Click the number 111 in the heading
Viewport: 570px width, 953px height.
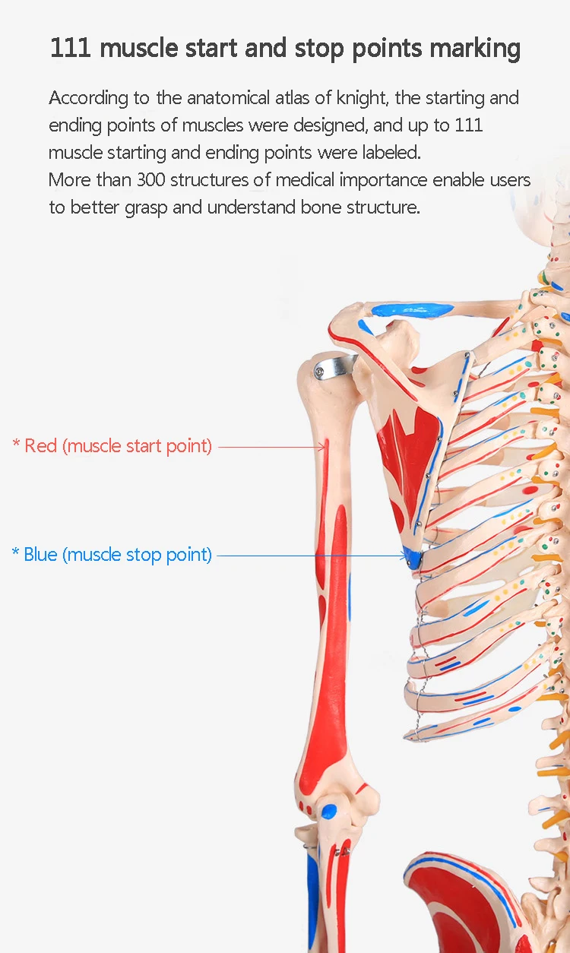pyautogui.click(x=71, y=48)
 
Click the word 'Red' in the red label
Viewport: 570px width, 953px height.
pyautogui.click(x=40, y=445)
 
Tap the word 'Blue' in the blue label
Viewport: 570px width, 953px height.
pyautogui.click(x=40, y=554)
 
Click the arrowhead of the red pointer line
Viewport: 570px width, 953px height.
pyautogui.click(x=323, y=447)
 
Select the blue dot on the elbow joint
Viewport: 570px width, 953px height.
pyautogui.click(x=328, y=811)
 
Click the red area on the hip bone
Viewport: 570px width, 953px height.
pyautogui.click(x=456, y=904)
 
